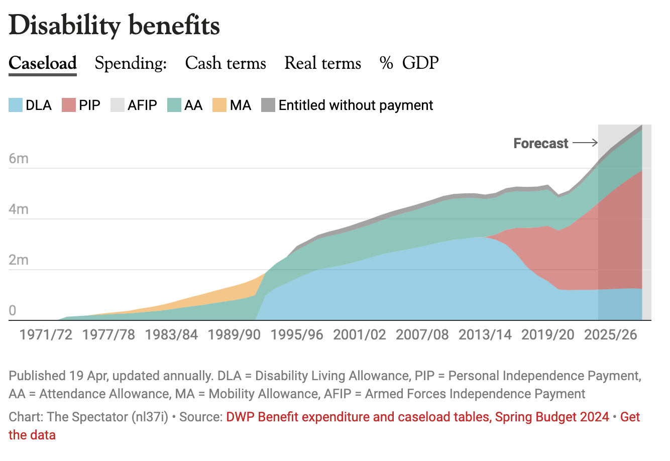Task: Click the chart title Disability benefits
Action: tap(115, 26)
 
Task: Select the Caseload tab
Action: tap(43, 63)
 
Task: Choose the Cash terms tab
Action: tap(226, 63)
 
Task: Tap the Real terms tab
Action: tap(322, 63)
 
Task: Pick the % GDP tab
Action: tap(409, 63)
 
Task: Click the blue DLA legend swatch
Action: tap(16, 105)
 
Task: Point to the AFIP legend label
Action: tap(142, 105)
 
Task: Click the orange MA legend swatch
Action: tap(219, 105)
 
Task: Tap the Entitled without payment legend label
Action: tap(356, 105)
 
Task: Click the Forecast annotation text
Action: tap(540, 144)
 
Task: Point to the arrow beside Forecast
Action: tap(585, 143)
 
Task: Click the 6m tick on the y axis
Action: tap(19, 159)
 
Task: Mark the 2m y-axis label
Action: tap(19, 260)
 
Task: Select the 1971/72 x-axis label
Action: tap(46, 335)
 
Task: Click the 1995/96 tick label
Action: tap(297, 335)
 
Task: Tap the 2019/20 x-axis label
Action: tap(547, 335)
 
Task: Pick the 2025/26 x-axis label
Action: tap(610, 335)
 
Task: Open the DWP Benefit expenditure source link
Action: tap(417, 417)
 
